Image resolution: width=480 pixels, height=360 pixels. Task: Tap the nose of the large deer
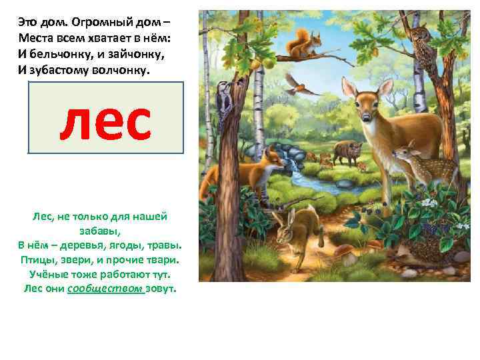click(x=367, y=120)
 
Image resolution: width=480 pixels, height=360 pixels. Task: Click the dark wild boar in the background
click(x=347, y=153)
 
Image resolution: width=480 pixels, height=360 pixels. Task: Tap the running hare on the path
click(x=296, y=227)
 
